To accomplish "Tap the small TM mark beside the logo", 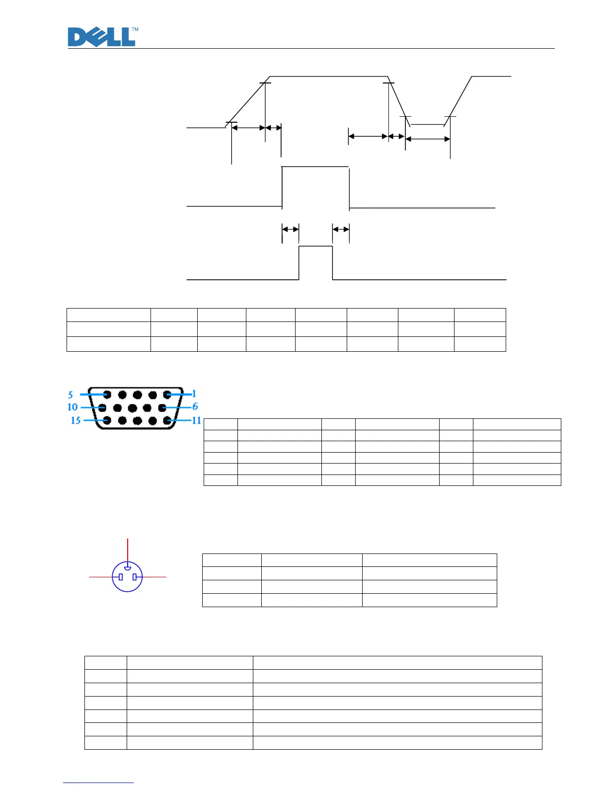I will (135, 30).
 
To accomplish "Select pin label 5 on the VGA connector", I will (71, 395).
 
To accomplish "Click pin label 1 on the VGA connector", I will (194, 394).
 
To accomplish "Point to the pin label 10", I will (73, 407).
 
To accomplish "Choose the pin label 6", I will (195, 406).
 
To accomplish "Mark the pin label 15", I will (76, 420).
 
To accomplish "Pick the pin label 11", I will (197, 420).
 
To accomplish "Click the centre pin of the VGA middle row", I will (132, 408).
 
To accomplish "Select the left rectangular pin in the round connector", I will (121, 577).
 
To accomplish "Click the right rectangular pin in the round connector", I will (135, 577).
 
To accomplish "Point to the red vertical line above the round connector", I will (128, 549).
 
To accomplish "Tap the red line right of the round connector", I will (154, 577).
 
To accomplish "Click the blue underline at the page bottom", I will (98, 783).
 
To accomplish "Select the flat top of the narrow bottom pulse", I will (315, 246).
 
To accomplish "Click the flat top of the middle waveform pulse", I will (315, 167).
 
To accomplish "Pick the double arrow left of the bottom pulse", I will (290, 229).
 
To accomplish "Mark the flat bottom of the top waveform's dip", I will (427, 124).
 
